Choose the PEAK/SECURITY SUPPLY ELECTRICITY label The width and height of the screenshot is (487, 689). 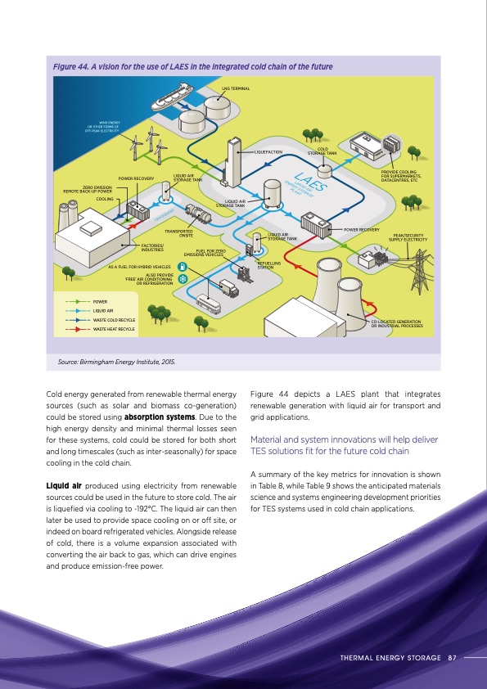tap(409, 237)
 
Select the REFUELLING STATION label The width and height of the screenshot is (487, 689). tap(269, 265)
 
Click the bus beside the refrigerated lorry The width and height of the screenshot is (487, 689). tap(210, 304)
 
